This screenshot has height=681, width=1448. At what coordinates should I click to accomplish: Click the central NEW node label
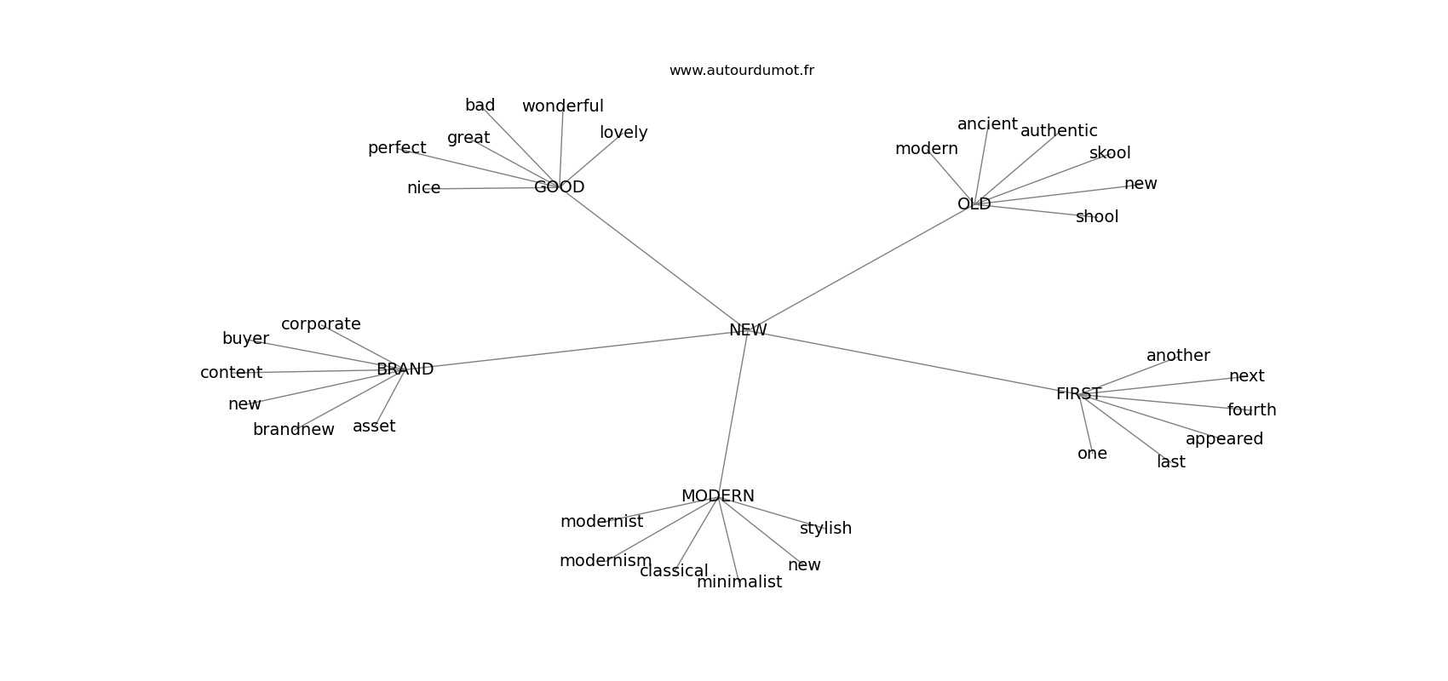pos(748,330)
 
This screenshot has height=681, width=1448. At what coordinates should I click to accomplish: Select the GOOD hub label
pos(559,187)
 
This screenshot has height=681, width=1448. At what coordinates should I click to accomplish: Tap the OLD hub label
pos(974,204)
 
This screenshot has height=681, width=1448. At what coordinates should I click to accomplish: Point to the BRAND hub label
pos(405,369)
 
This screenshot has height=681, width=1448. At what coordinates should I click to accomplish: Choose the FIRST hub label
pos(1079,394)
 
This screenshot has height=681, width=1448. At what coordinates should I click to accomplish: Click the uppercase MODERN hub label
pos(717,496)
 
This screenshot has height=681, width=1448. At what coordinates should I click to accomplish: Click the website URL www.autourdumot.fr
pos(741,71)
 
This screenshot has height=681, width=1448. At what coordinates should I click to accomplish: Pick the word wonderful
pos(562,106)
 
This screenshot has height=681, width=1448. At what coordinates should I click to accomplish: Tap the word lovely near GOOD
pos(623,133)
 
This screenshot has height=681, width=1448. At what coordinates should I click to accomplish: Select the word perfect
pos(397,149)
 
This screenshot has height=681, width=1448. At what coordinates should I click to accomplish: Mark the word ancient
pos(987,124)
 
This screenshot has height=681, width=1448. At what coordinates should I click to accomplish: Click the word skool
pos(1110,153)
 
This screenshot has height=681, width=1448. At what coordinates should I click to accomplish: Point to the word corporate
pos(320,324)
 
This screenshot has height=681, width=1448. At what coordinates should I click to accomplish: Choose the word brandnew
pos(294,430)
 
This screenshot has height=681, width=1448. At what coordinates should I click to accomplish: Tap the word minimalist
pos(739,582)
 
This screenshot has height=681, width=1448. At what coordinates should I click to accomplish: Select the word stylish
pos(825,529)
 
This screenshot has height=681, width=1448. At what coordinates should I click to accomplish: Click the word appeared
pos(1224,439)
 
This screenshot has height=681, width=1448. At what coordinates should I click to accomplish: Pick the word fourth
pos(1252,410)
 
